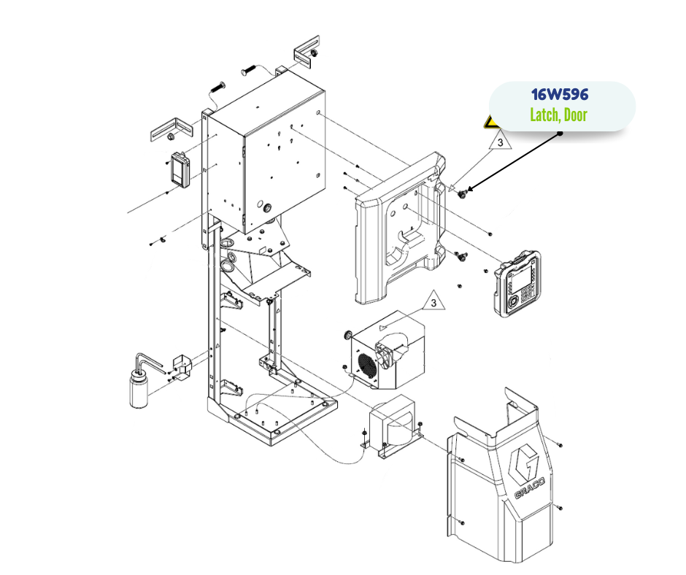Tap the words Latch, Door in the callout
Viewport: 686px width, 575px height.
click(559, 115)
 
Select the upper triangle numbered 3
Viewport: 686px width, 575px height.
click(500, 142)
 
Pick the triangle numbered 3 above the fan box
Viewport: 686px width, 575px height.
click(433, 301)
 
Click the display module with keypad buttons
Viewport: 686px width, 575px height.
click(518, 284)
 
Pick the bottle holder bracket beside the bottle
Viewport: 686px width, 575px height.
click(181, 366)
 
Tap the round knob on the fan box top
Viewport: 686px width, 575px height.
click(349, 335)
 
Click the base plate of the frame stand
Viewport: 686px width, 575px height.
click(277, 416)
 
